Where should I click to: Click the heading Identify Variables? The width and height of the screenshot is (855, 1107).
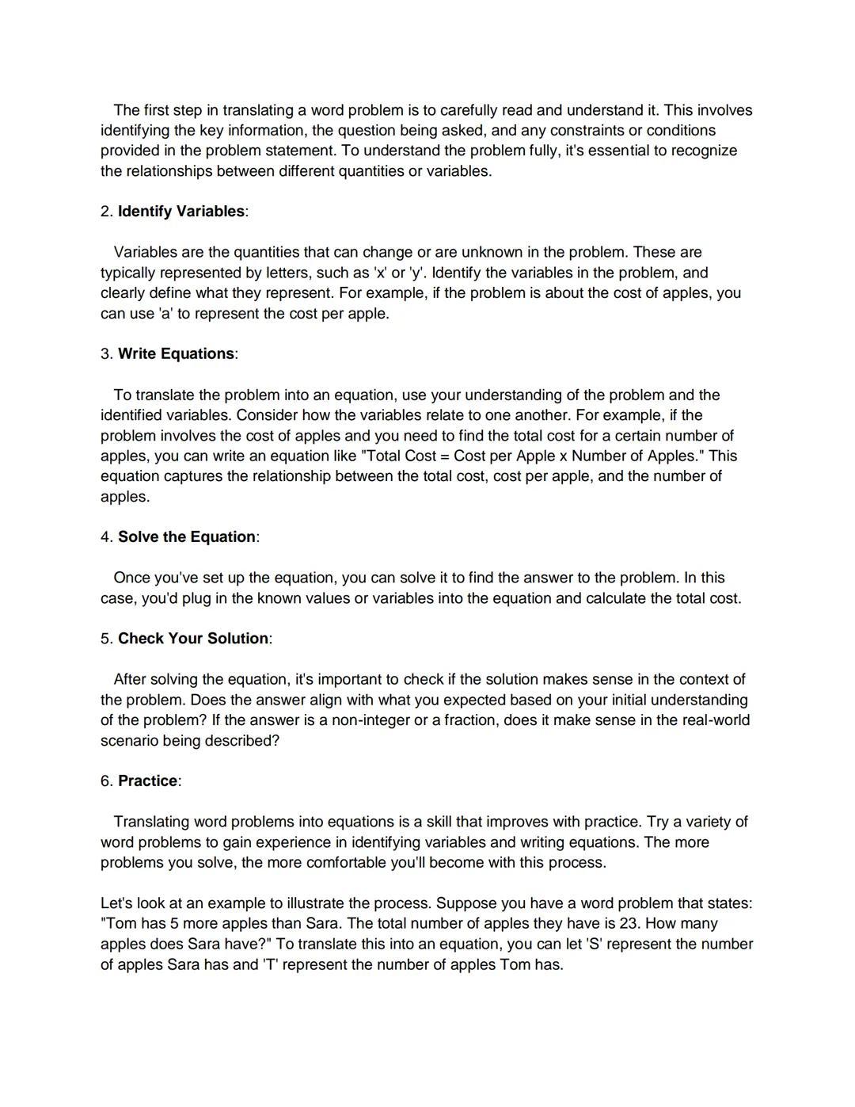[181, 212]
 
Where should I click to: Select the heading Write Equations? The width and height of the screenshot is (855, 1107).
[177, 354]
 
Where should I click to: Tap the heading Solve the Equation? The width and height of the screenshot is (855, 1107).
[187, 537]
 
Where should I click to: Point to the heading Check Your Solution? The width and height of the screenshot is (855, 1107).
[193, 639]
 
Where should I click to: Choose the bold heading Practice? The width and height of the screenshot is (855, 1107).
[148, 781]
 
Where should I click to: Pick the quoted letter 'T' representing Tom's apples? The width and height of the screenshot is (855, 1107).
[270, 965]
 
